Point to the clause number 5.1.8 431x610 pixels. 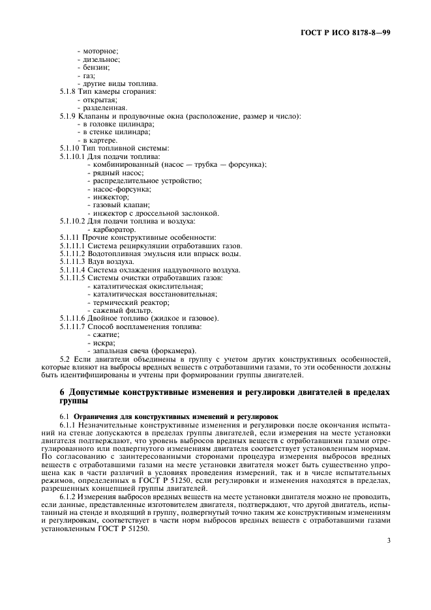68,92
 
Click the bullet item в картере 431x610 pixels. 98,140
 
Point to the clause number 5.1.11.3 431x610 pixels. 72,261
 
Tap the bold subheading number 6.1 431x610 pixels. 65,415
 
